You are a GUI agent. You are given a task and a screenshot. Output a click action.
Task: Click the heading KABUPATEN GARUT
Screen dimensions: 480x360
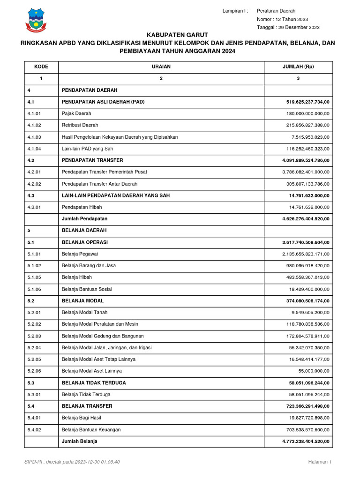[x=177, y=35]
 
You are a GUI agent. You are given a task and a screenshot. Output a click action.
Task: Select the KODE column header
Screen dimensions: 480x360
[x=41, y=67]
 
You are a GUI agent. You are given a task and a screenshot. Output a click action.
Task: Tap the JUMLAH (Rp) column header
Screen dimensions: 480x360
[x=298, y=67]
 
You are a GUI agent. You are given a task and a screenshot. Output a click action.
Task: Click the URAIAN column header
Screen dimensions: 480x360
[x=161, y=67]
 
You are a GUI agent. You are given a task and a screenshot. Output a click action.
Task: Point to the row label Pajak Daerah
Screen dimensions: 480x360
[x=76, y=113]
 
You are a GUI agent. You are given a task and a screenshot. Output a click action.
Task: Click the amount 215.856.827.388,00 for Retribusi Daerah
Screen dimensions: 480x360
[x=307, y=125]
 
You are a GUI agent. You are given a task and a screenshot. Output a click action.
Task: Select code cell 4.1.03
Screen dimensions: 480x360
[x=34, y=137]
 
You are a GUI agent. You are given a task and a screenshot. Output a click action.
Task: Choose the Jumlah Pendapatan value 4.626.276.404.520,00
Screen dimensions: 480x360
[x=306, y=219]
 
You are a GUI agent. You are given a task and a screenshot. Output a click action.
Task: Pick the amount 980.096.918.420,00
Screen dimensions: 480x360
[x=307, y=266]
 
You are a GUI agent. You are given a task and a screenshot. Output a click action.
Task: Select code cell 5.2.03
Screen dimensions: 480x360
[x=34, y=336]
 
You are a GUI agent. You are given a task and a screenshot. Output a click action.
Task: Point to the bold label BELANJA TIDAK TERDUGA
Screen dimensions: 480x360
[x=94, y=383]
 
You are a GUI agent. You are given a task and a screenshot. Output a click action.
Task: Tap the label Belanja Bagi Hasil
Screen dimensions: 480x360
[x=81, y=418]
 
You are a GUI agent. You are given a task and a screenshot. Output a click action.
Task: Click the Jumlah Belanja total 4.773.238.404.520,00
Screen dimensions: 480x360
[x=306, y=442]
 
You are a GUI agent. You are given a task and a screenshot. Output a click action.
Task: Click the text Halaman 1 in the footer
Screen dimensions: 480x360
[x=320, y=462]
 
